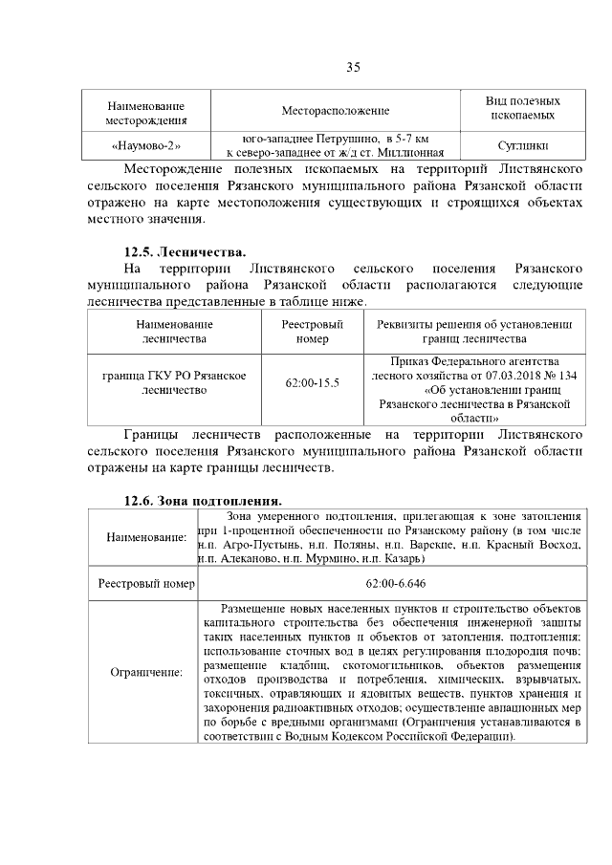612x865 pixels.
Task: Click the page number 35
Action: (x=352, y=67)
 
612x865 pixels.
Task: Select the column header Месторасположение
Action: (x=335, y=112)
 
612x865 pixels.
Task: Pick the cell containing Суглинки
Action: (x=523, y=146)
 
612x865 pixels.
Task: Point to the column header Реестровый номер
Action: (x=313, y=332)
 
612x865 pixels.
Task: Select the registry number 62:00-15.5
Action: (x=313, y=383)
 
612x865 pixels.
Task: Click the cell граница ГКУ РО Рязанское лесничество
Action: (x=175, y=383)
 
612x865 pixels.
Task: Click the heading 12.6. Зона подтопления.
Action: (x=203, y=500)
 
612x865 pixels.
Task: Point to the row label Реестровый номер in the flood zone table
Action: (x=146, y=583)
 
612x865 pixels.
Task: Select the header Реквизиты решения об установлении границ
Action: (x=474, y=332)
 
